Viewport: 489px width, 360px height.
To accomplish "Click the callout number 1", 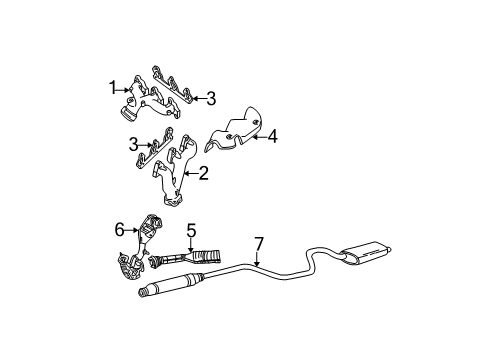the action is coord(113,87).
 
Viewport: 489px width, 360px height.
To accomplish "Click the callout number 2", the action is coord(203,174).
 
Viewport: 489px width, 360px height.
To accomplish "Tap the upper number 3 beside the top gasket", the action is coord(211,98).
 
